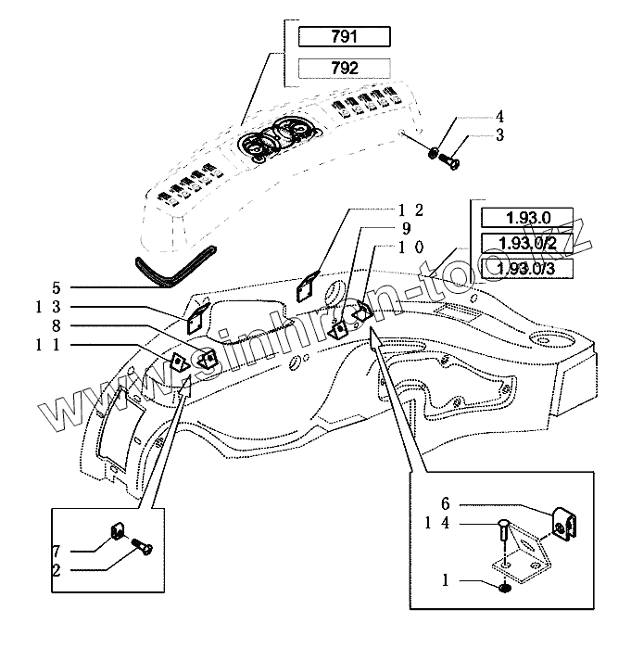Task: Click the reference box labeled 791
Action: point(345,38)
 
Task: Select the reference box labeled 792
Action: point(345,68)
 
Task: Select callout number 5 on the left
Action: point(55,288)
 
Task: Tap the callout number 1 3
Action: point(48,307)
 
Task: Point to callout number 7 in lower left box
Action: point(57,550)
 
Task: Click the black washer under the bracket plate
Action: point(503,589)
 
